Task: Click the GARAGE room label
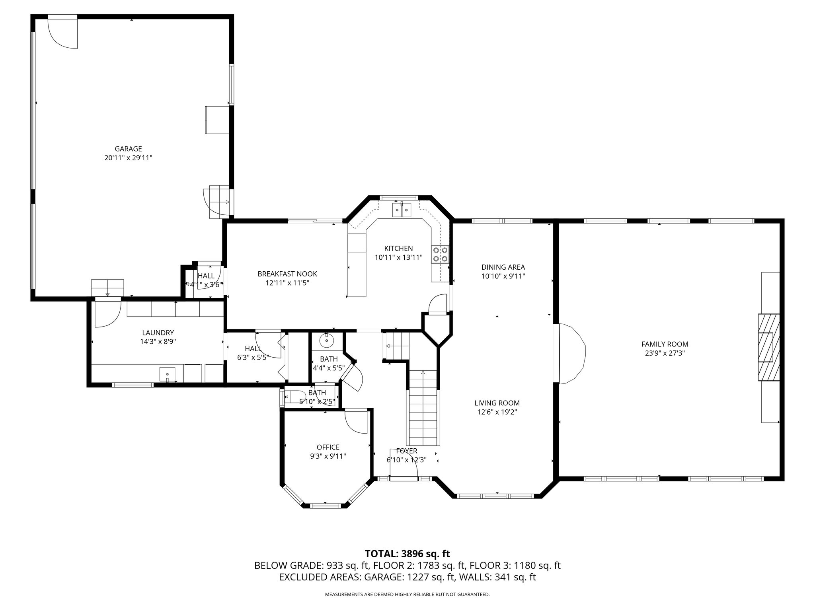tap(128, 149)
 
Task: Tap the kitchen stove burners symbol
tap(440, 255)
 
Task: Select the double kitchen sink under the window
tap(402, 209)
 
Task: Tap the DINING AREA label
tap(503, 267)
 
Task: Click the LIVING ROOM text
tap(497, 403)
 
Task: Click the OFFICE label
tap(328, 447)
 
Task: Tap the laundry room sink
tap(168, 374)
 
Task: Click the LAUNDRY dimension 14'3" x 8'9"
tap(158, 341)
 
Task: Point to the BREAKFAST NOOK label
tap(287, 274)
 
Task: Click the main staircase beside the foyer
tap(422, 408)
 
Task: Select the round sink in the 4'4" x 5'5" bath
tap(326, 341)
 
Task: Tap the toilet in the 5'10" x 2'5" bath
tap(291, 397)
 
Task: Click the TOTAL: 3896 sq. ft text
tap(407, 553)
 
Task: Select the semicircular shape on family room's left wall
tap(572, 354)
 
